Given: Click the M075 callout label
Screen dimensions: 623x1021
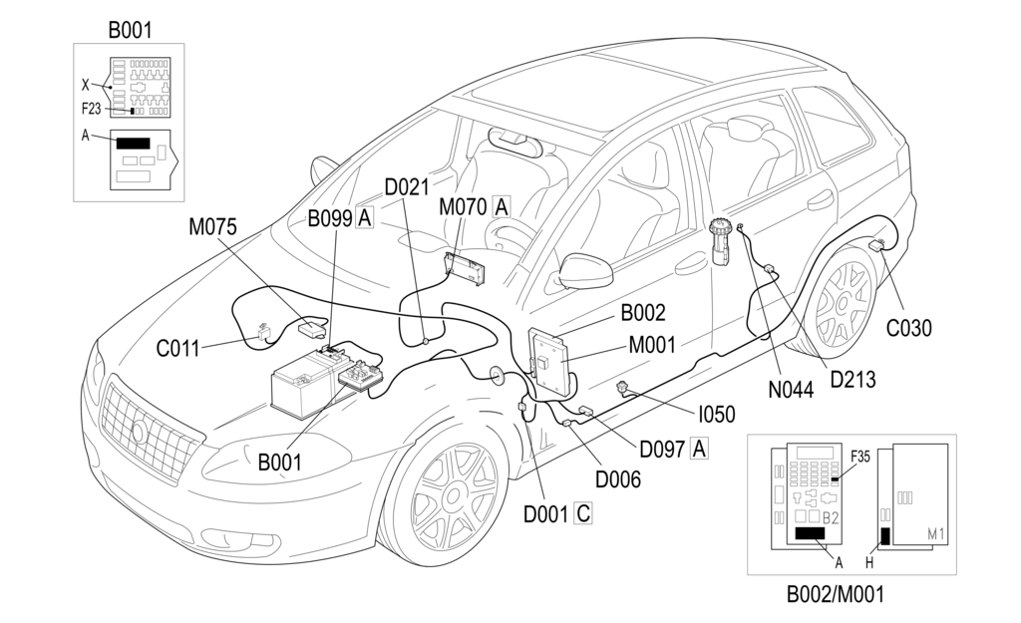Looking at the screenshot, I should click(x=212, y=227).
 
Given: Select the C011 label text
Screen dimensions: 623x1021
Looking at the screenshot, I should click(x=177, y=349).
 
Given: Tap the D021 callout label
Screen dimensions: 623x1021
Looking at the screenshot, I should click(x=406, y=187).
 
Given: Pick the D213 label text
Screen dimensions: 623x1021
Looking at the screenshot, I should click(x=852, y=378).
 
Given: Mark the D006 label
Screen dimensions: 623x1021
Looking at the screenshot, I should click(x=618, y=479).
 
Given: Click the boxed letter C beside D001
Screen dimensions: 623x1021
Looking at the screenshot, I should click(x=584, y=514).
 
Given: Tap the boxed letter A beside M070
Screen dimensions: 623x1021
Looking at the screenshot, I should click(x=502, y=207).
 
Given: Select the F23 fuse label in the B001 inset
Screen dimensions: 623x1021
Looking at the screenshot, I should click(x=92, y=111).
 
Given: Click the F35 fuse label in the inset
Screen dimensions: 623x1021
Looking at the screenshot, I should click(x=860, y=458).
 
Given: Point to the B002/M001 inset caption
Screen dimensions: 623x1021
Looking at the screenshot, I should click(x=835, y=596).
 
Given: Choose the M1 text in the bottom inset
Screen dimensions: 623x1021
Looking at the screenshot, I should click(x=934, y=535).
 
